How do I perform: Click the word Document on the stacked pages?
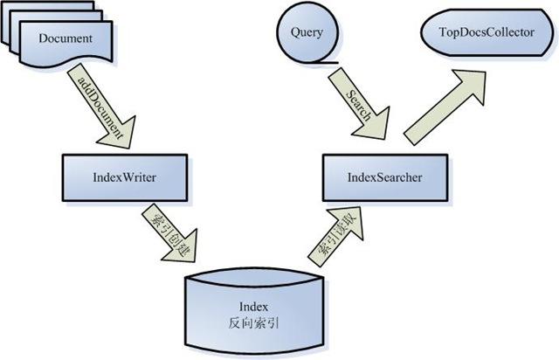66,38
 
